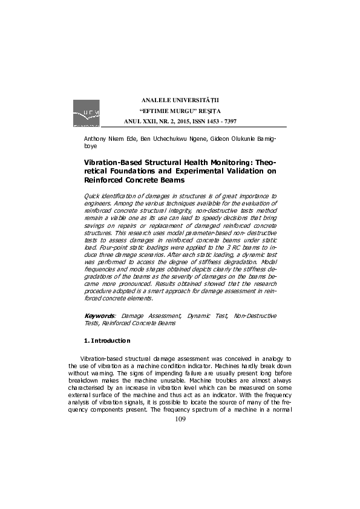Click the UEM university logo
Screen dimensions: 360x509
pyautogui.click(x=86, y=114)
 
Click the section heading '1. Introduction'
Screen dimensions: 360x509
pyautogui.click(x=107, y=341)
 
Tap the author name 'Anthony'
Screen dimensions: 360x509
pyautogui.click(x=96, y=140)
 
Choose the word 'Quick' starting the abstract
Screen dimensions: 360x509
pyautogui.click(x=92, y=196)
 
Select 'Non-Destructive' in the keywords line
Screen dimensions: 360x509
pyautogui.click(x=255, y=316)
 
